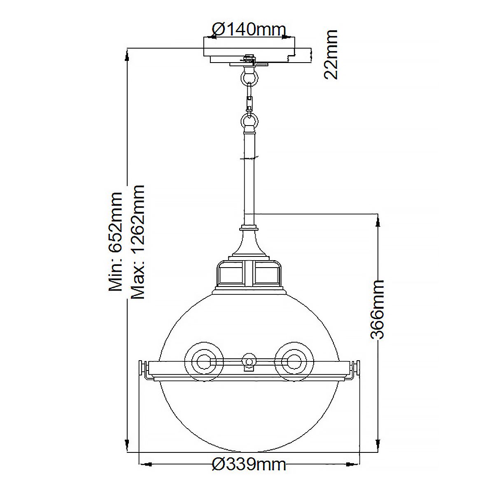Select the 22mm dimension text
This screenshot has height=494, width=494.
331,54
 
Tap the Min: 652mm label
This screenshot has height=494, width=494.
115,242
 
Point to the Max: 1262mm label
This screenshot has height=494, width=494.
137,242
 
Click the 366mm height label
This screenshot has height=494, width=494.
377,309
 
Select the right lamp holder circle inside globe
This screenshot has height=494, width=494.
294,362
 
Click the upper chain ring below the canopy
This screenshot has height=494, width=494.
248,77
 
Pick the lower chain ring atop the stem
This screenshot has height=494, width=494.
249,122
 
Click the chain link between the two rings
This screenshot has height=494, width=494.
249,99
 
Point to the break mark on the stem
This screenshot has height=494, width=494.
249,158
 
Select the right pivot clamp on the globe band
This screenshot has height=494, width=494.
354,368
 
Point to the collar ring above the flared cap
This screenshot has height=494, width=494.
249,227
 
